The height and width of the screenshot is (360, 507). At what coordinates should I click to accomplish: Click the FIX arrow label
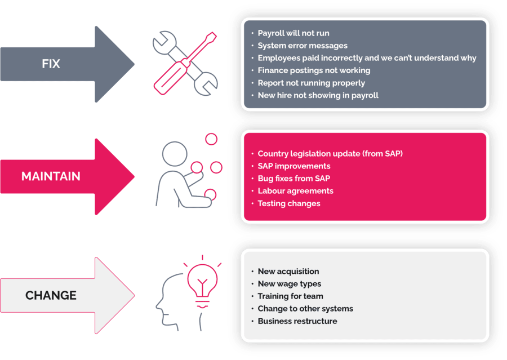coord(51,64)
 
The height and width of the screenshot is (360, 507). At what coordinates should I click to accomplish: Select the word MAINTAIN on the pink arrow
coord(51,176)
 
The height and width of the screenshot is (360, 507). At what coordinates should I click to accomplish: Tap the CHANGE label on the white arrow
coord(51,295)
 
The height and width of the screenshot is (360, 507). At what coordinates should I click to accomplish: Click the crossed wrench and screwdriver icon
coord(185,62)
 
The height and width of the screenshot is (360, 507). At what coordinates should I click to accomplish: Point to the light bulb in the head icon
coord(201,280)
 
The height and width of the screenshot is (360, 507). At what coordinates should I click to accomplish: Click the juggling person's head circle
coord(174,152)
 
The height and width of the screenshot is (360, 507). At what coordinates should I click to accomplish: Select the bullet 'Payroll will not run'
coord(293,33)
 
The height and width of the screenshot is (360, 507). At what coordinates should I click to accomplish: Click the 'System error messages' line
coord(303,46)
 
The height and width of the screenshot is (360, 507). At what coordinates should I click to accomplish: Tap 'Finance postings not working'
coord(314,70)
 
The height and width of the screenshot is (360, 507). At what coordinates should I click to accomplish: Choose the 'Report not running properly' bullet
coord(311,83)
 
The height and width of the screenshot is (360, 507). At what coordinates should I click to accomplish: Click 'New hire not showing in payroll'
coord(318,95)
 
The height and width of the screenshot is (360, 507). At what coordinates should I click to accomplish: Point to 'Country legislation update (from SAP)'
coord(330,153)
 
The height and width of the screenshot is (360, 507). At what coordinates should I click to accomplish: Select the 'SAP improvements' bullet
coord(294,166)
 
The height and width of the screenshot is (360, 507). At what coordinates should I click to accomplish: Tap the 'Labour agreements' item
coord(295,191)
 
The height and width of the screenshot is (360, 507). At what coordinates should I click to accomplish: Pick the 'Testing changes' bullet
coord(288,203)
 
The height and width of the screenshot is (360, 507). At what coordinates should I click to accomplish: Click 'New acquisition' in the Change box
coord(288,272)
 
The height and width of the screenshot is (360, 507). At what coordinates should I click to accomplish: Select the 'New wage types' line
coord(290,284)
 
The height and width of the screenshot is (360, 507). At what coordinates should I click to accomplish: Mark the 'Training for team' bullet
coord(290,296)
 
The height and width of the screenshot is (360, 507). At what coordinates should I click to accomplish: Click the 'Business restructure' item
coord(297,321)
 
